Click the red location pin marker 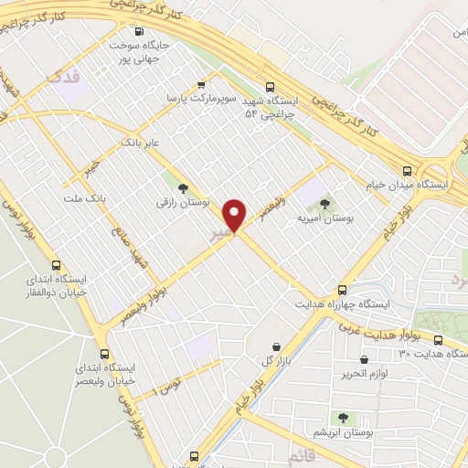click(x=236, y=215)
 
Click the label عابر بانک click(x=142, y=144)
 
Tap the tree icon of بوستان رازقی click(x=184, y=187)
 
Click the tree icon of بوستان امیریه click(x=325, y=205)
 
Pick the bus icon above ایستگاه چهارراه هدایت click(x=343, y=289)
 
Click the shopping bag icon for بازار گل click(x=276, y=345)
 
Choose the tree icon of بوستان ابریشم click(x=344, y=417)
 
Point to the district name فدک click(x=69, y=78)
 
